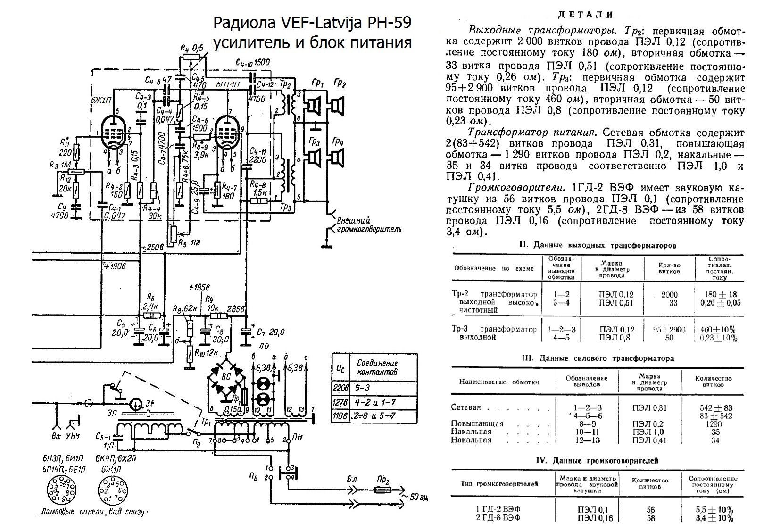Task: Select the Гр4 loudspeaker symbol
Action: (x=337, y=157)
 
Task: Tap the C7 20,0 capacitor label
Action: (x=271, y=333)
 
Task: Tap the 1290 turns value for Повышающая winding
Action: (x=712, y=424)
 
